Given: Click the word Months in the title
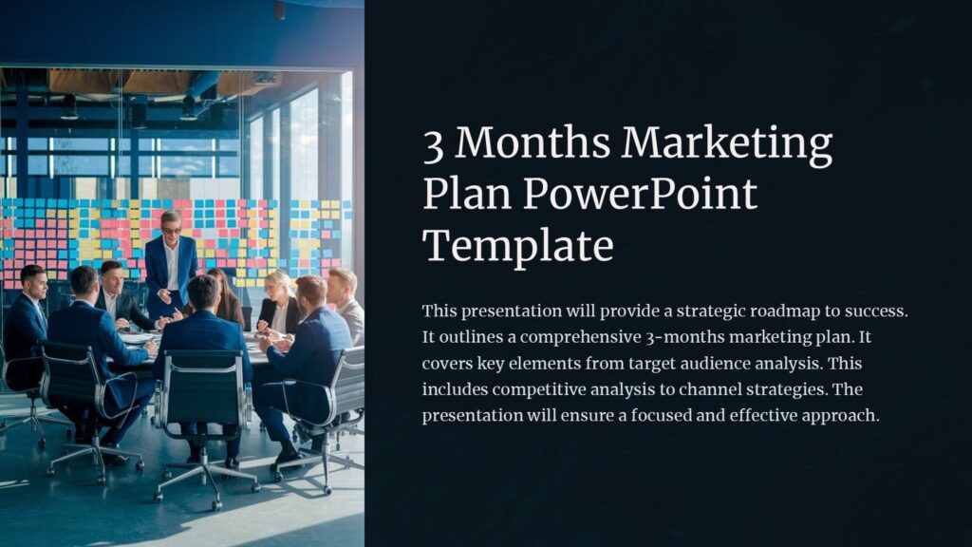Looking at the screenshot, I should (533, 144).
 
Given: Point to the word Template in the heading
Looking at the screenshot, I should (518, 245).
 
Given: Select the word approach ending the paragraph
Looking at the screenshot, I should (842, 416).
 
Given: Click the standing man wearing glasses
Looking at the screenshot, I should (171, 261).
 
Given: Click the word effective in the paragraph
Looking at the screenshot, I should (765, 416).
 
